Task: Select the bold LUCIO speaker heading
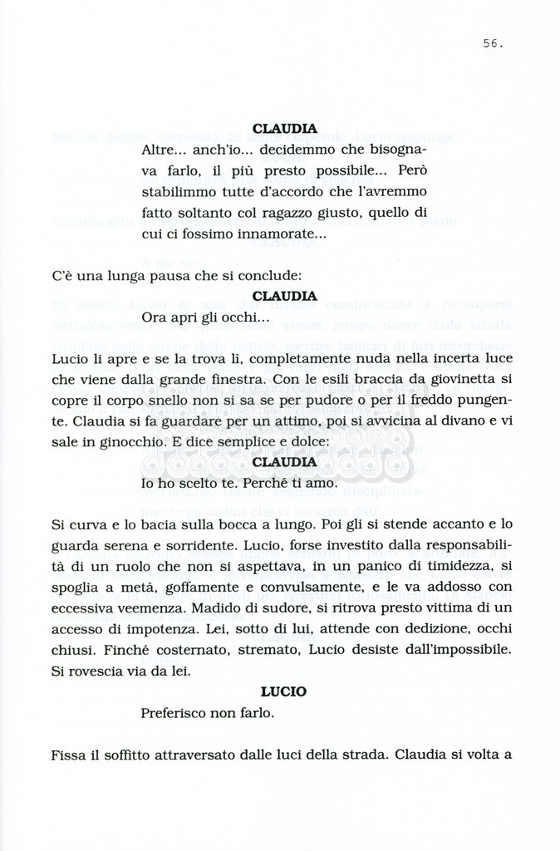click(x=283, y=691)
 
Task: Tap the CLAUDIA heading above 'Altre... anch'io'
click(x=284, y=129)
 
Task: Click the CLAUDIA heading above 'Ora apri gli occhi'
click(x=284, y=296)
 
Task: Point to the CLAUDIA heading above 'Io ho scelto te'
click(x=284, y=462)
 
